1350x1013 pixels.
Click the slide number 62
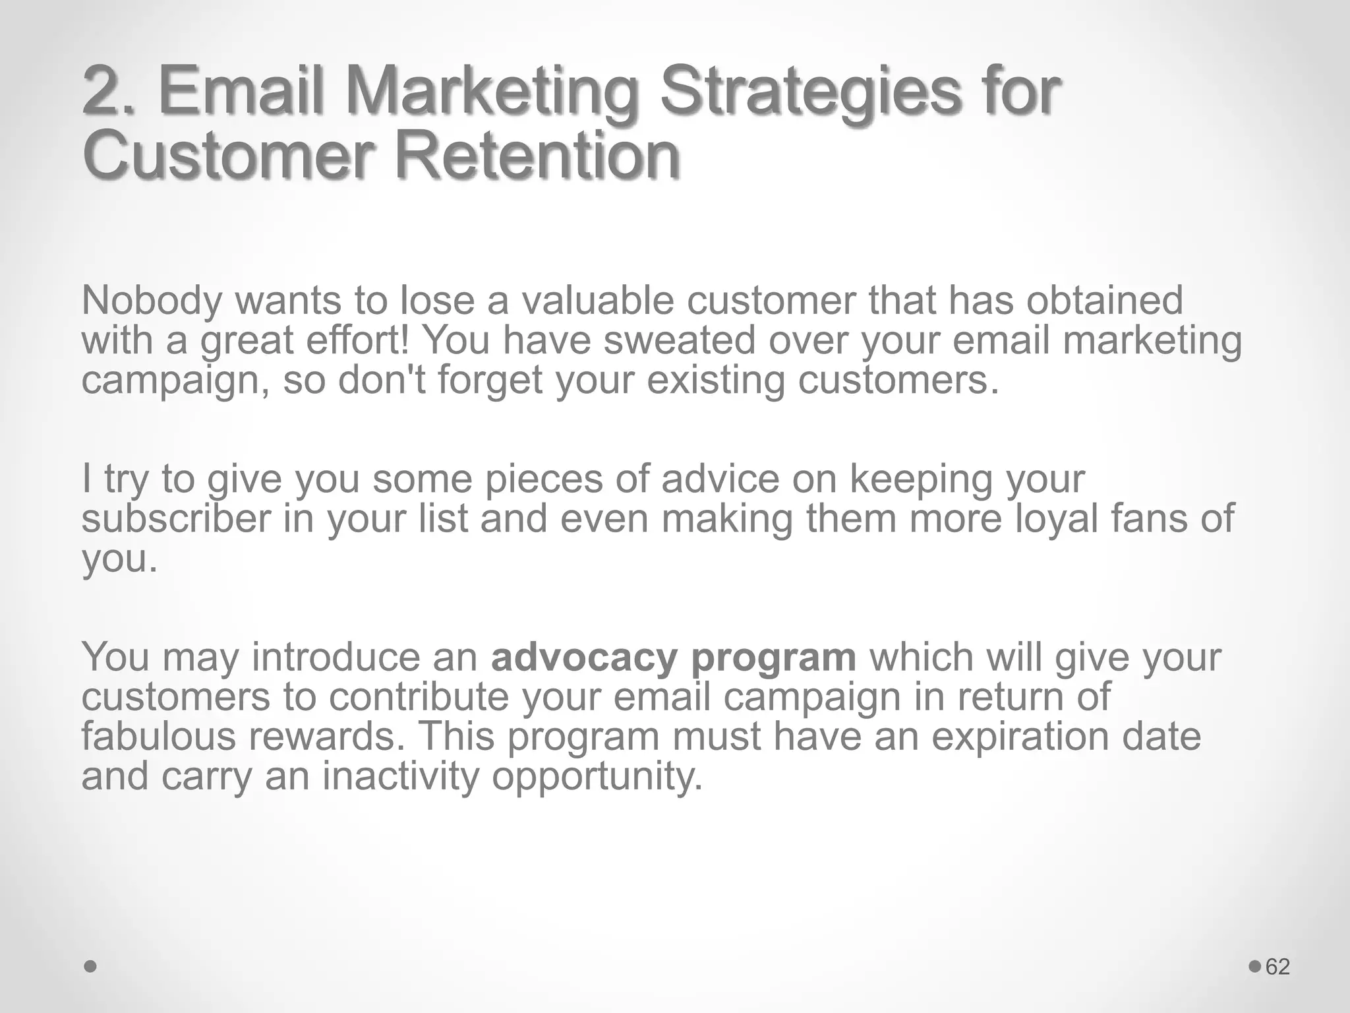point(1277,967)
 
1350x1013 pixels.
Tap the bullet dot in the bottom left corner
point(91,967)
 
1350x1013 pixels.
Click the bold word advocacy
point(584,658)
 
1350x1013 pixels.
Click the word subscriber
point(176,518)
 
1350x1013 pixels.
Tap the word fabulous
point(158,736)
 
